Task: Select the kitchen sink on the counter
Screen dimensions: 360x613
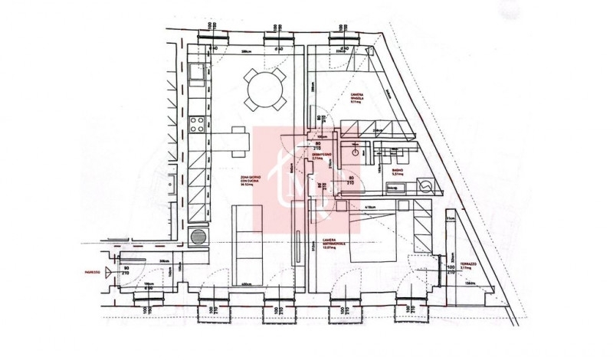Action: [196, 74]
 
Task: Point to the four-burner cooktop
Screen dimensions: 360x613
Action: [197, 126]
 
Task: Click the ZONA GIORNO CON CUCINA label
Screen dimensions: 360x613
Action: [249, 181]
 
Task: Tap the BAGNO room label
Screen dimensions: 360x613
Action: [396, 171]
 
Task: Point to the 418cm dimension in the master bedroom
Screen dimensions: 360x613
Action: [369, 208]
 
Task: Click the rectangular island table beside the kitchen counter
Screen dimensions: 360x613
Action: [234, 140]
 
